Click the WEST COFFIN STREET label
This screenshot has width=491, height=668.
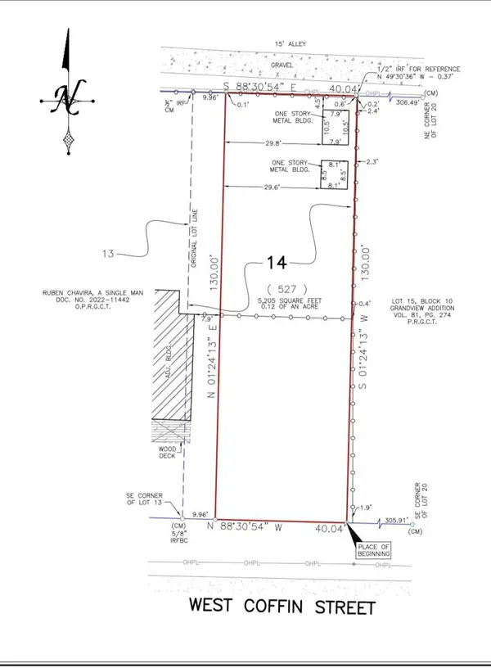pos(282,607)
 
